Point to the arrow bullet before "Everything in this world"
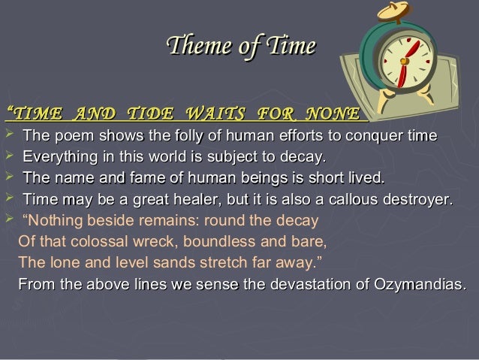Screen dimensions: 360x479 (x=9, y=157)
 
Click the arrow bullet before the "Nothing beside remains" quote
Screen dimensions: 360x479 (x=9, y=221)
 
